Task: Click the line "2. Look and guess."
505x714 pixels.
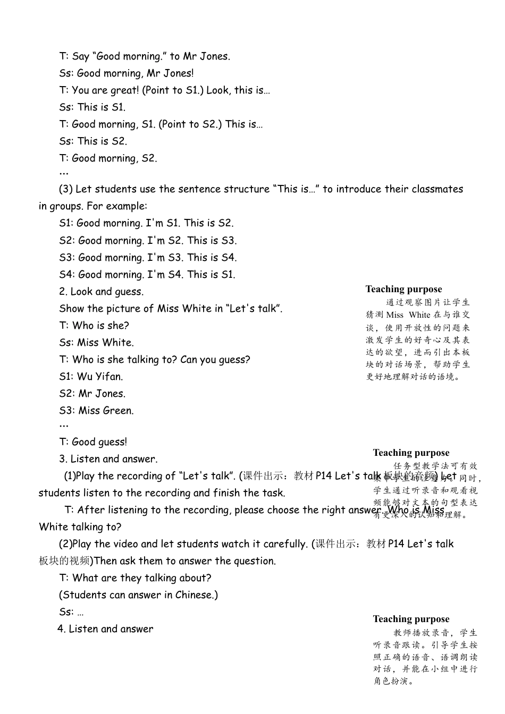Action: (101, 292)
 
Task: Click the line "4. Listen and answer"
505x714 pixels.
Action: (105, 629)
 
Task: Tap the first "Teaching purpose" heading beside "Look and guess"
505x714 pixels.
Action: (403, 289)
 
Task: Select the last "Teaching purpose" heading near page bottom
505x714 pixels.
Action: (411, 619)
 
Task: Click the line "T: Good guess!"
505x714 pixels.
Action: (93, 442)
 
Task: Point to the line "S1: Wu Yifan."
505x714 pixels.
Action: (91, 377)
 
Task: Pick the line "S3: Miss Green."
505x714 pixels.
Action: (96, 411)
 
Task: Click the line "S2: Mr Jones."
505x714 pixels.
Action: (92, 394)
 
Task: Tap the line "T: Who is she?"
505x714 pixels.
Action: (94, 326)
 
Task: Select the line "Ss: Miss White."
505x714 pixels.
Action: (96, 343)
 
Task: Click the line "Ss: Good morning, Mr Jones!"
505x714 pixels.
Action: (127, 73)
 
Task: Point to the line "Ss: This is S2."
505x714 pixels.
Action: (93, 141)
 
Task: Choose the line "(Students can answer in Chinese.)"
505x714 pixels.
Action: (138, 595)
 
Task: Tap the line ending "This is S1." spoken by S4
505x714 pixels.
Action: (147, 275)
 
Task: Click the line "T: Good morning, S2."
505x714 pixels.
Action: (108, 158)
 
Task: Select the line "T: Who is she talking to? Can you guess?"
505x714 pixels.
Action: (154, 360)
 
